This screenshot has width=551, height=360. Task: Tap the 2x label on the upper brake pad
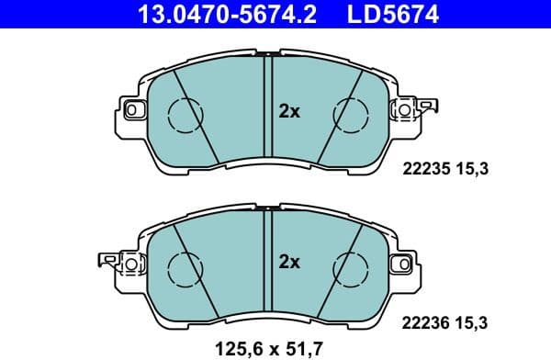coord(289,111)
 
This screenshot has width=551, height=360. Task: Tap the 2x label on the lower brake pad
coord(289,263)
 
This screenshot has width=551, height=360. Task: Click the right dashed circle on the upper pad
coord(351,112)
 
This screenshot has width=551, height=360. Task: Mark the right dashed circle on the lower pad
coord(351,264)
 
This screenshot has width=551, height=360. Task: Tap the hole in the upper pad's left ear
coord(130,110)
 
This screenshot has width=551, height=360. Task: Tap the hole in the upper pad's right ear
coord(401,110)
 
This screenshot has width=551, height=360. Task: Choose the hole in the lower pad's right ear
coord(401,264)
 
